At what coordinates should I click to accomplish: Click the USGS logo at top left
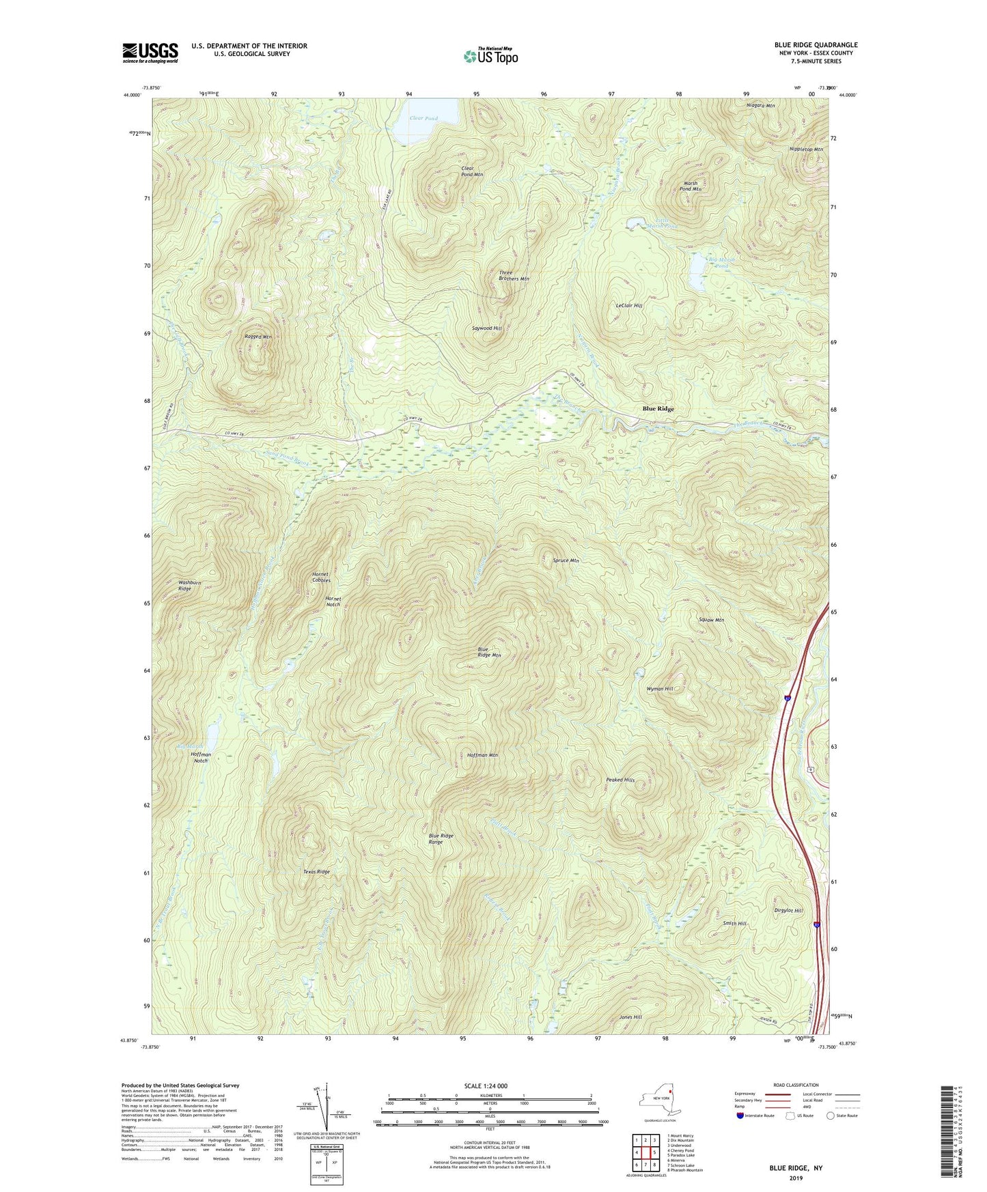point(150,53)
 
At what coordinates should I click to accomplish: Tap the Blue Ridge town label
point(658,409)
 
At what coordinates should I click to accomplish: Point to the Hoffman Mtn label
point(482,755)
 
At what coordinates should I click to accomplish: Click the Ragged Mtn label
point(258,337)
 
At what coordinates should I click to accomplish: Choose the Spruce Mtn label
point(566,560)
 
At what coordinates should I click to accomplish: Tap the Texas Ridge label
point(316,872)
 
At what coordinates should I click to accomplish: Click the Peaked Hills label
point(620,780)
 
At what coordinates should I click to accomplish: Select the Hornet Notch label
point(333,601)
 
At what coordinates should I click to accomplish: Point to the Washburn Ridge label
point(190,585)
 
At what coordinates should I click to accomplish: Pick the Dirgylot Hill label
point(788,911)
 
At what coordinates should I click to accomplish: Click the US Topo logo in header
point(490,56)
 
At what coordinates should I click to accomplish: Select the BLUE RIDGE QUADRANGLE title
point(816,45)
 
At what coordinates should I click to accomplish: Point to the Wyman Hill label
point(660,689)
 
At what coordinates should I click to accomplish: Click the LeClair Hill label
point(629,306)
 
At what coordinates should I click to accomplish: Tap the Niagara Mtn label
point(760,107)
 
